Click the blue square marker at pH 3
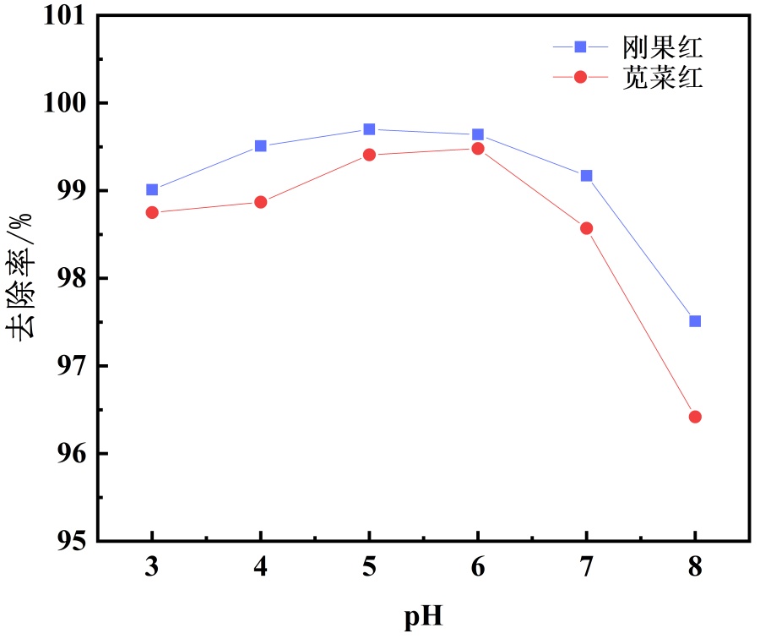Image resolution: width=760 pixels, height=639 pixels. [x=152, y=189]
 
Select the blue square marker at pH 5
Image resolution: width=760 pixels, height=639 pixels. [x=369, y=129]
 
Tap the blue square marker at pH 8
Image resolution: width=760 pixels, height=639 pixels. [x=695, y=321]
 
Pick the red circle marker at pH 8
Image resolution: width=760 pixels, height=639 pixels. [x=695, y=417]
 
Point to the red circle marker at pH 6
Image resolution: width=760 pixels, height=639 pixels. [x=478, y=149]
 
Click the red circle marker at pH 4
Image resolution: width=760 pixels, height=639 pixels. [x=261, y=202]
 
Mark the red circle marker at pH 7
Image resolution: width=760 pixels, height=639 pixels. [x=586, y=228]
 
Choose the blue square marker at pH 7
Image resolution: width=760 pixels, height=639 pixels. [x=586, y=176]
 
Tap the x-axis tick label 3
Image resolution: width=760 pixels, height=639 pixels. [x=152, y=566]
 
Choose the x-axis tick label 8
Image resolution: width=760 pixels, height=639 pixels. [x=695, y=566]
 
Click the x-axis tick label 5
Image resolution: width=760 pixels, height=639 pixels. [x=369, y=566]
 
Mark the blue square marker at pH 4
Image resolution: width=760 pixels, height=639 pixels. [x=261, y=146]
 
